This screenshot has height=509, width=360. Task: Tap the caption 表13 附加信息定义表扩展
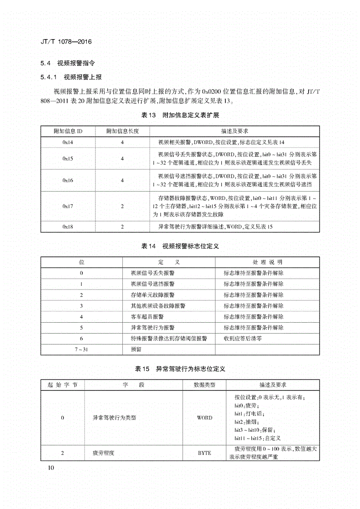click(x=180, y=115)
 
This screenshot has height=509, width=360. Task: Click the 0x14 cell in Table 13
click(x=68, y=142)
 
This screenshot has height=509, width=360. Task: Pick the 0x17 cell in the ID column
click(x=68, y=206)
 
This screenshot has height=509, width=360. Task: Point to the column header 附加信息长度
click(x=122, y=131)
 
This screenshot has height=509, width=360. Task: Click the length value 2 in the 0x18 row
click(x=122, y=226)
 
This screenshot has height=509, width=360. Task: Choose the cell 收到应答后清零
click(x=243, y=338)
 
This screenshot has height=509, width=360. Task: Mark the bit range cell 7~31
click(x=81, y=349)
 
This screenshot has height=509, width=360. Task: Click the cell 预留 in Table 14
click(x=136, y=349)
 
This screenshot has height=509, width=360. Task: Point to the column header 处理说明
click(x=267, y=262)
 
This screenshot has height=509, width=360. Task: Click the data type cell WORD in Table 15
click(x=205, y=418)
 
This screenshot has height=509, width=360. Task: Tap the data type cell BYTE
click(x=205, y=453)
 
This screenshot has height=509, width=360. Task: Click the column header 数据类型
click(x=205, y=385)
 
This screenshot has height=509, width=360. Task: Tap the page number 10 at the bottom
click(x=50, y=468)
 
